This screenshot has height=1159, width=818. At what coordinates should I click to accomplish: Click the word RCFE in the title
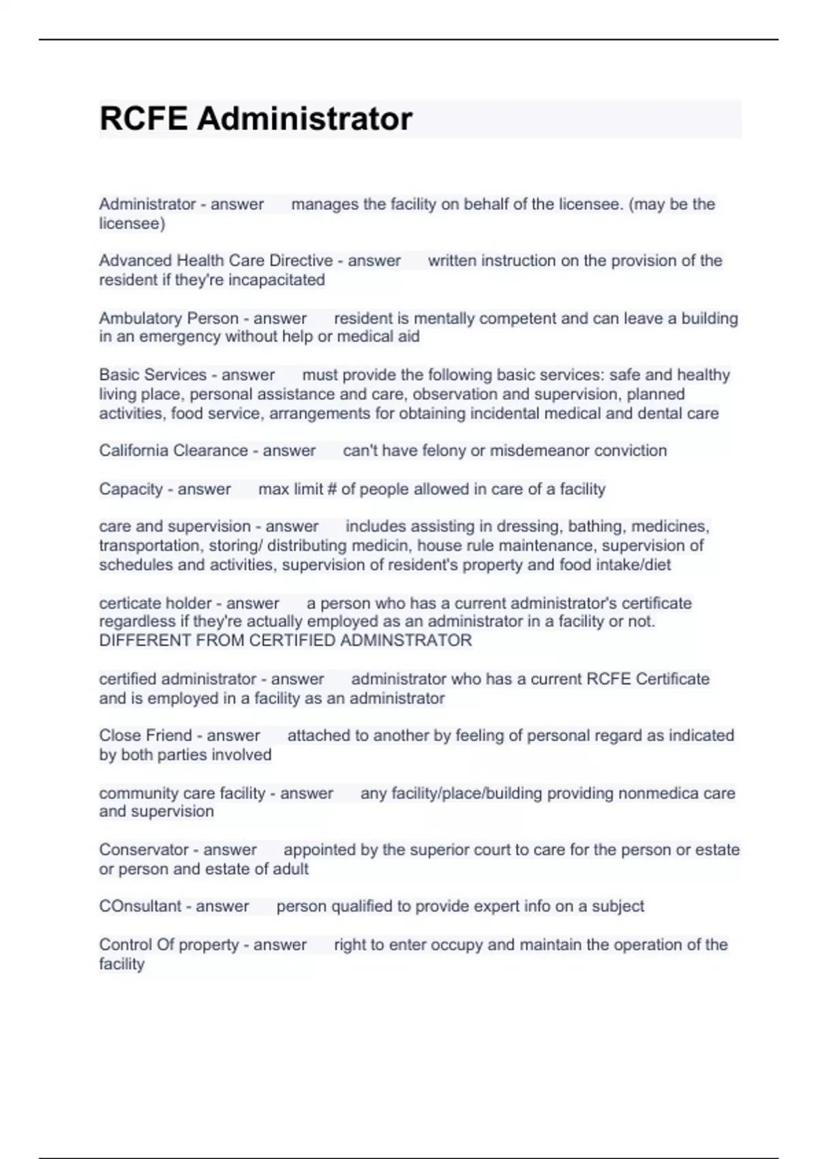pos(143,119)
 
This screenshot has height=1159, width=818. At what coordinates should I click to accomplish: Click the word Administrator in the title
pos(305,119)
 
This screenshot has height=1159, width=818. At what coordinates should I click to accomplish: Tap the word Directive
pos(301,260)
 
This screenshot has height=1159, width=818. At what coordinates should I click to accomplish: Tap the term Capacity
pos(130,490)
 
